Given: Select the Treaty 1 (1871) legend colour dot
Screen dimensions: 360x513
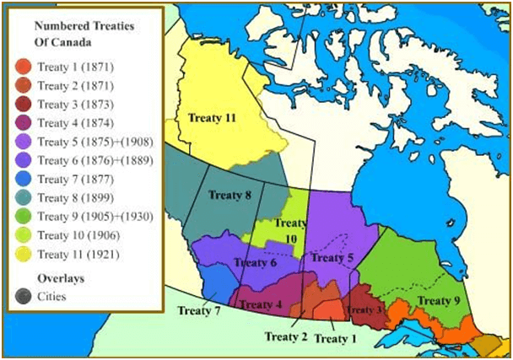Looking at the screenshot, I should [24, 66].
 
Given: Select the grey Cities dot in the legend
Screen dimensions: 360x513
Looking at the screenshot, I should [24, 296].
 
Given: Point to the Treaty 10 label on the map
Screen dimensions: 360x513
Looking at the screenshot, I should [289, 230].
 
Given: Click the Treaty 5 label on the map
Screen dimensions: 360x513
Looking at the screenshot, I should [331, 257].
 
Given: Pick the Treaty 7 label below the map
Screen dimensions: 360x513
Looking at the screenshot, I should [199, 310].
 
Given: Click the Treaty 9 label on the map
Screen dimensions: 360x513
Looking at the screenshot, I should [439, 300].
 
